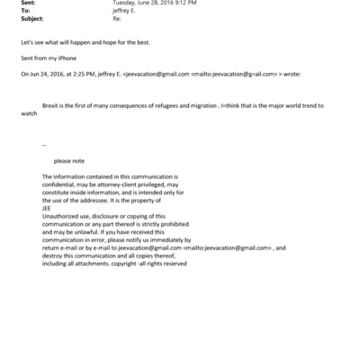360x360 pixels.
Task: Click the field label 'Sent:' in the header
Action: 25,4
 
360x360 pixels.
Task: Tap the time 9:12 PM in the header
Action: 175,4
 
